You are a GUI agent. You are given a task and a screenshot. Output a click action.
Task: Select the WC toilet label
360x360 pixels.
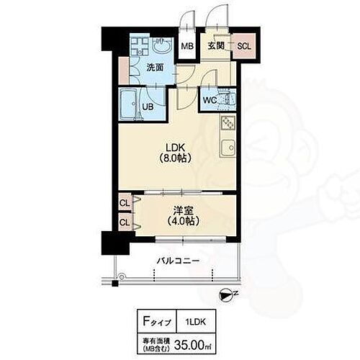click(210, 100)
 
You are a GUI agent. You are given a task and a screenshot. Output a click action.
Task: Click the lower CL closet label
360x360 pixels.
click(125, 222)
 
